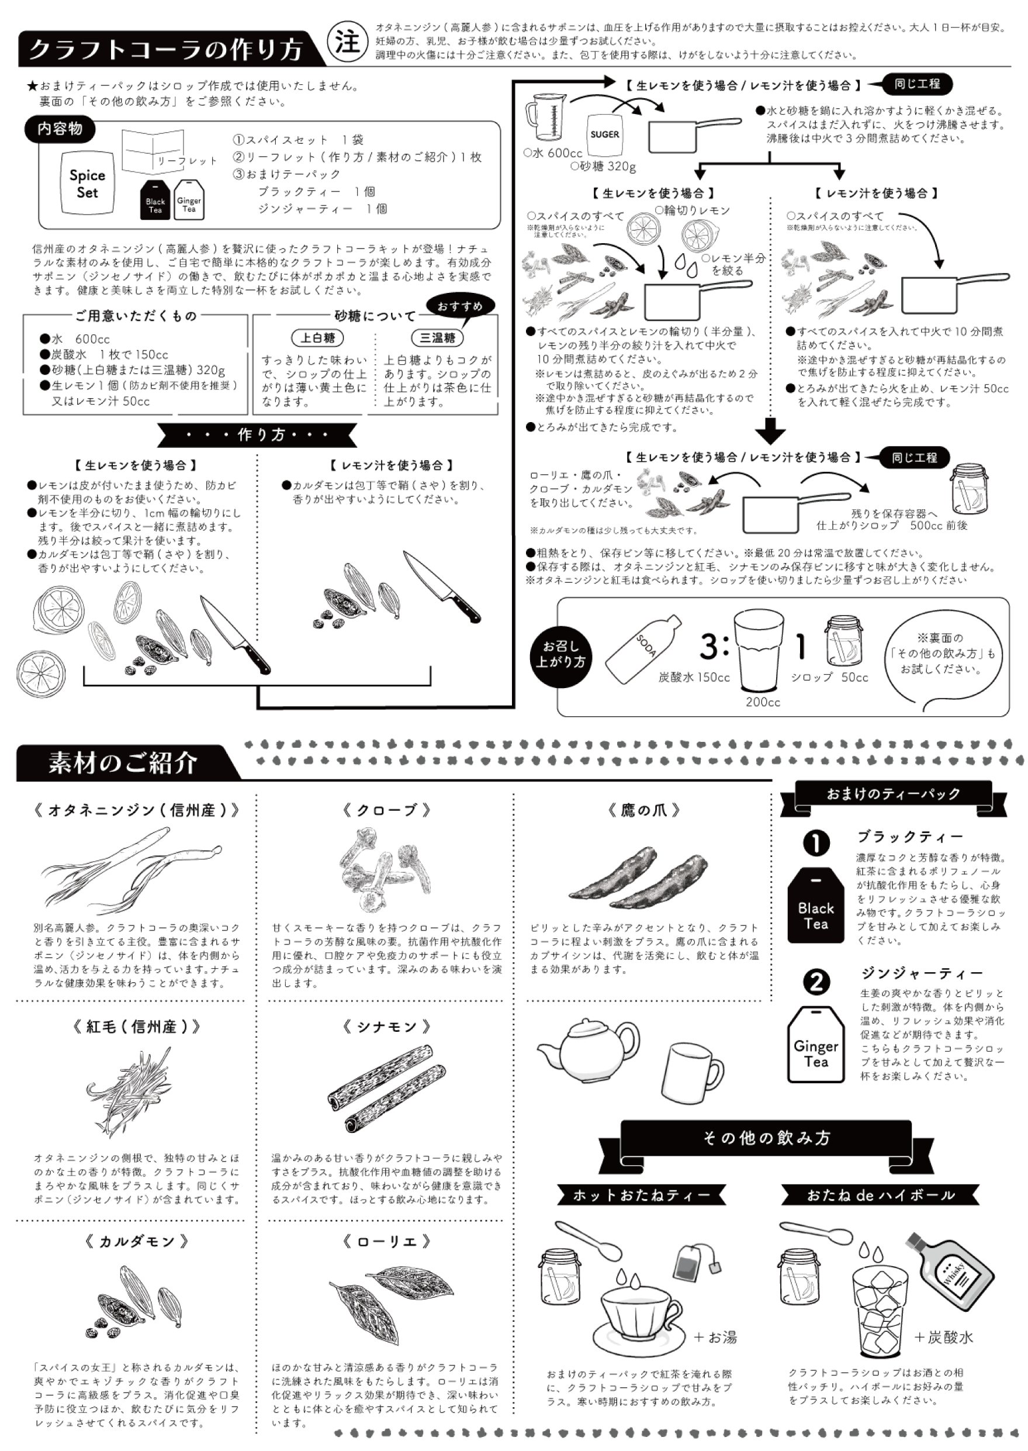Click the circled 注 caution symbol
[x=347, y=43]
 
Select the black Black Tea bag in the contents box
[x=155, y=200]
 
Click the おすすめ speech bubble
[x=460, y=307]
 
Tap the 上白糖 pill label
[x=317, y=337]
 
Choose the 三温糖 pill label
[x=437, y=337]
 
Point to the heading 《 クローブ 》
[x=386, y=810]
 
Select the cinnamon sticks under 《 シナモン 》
[x=381, y=1087]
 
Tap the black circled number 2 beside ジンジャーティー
[x=816, y=983]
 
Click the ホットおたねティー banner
[x=641, y=1196]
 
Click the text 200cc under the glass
[x=763, y=702]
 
